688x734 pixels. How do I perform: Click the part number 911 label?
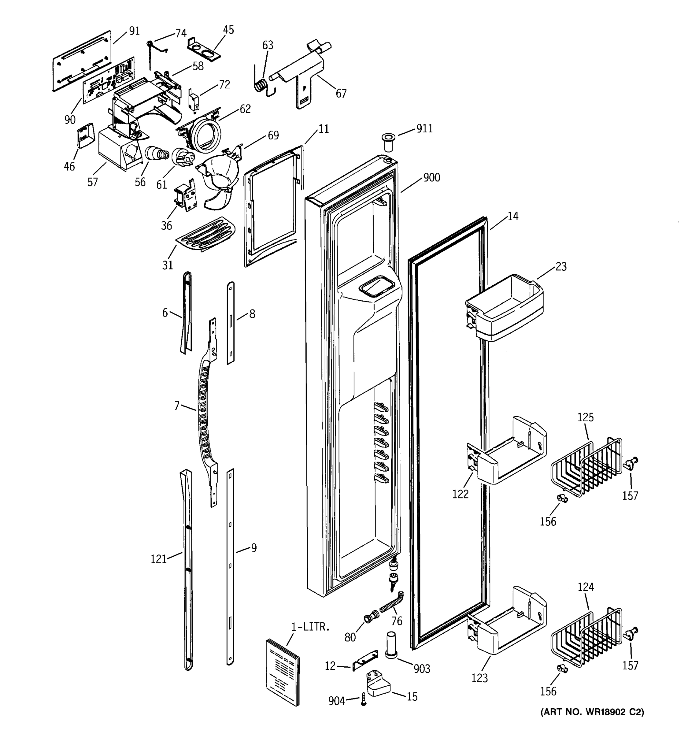coord(424,128)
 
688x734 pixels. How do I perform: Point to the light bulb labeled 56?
coord(155,153)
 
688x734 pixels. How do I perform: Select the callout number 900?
coord(431,178)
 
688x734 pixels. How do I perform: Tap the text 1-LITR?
coord(310,627)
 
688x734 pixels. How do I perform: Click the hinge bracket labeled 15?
coord(378,684)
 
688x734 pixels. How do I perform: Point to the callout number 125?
coord(585,417)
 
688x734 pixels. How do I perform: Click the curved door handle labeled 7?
coord(205,410)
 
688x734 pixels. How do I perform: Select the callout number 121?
coord(159,559)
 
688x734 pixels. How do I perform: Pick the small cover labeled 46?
coord(84,137)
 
